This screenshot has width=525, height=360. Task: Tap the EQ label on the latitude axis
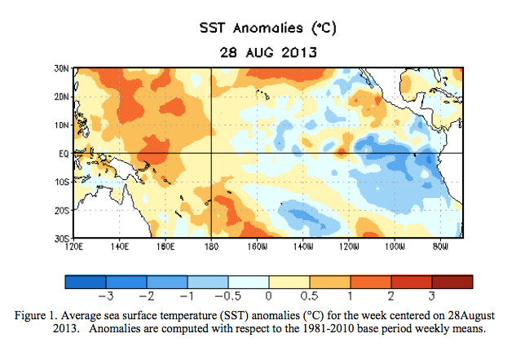63,153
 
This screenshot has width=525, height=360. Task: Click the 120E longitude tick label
75,246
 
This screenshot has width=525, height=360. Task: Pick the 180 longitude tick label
211,246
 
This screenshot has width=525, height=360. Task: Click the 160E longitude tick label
165,246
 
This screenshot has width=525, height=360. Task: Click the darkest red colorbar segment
452,281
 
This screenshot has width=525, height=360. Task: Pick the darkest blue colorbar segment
85,281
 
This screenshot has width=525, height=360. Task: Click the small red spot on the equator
342,151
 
